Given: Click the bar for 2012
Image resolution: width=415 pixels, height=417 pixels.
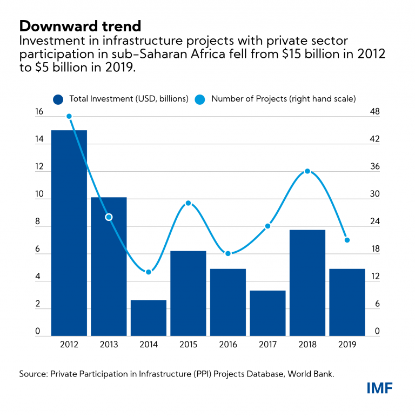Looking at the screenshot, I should click(69, 233).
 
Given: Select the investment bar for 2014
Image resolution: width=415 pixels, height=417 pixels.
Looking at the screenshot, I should click(148, 318).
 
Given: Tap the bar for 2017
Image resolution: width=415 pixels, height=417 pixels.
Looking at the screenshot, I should click(267, 313).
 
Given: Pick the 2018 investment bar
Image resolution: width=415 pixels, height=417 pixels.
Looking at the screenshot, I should click(307, 283).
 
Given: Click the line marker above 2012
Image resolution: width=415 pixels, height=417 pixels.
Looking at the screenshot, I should click(69, 116).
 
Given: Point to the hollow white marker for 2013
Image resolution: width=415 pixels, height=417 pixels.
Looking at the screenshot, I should click(109, 217).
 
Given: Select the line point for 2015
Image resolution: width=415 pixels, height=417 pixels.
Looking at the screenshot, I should click(188, 203).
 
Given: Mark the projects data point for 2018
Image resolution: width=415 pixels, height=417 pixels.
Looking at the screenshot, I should click(307, 171).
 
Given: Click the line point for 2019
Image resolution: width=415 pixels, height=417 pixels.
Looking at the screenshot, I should click(347, 240).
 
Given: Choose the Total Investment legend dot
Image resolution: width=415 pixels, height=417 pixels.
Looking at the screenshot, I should click(58, 99).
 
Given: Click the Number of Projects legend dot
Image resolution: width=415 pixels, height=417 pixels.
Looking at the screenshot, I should click(199, 99).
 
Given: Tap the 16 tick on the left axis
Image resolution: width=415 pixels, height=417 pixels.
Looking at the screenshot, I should click(24, 112).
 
